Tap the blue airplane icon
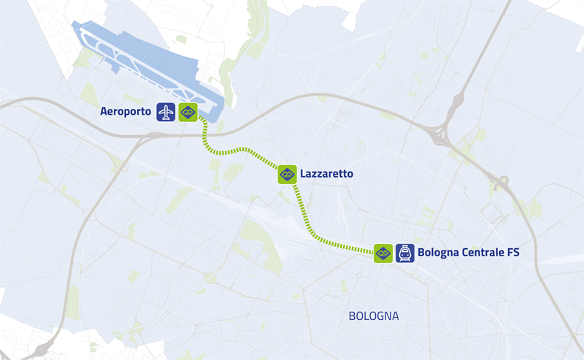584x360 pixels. pyautogui.click(x=166, y=112)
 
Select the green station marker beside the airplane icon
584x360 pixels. pyautogui.click(x=188, y=112)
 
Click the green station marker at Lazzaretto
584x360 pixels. pyautogui.click(x=287, y=174)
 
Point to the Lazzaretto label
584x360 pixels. pyautogui.click(x=326, y=174)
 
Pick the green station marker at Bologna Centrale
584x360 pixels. pyautogui.click(x=383, y=253)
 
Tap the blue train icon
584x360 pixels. pyautogui.click(x=404, y=253)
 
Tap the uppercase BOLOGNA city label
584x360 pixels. pyautogui.click(x=373, y=316)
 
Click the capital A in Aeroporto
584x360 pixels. pyautogui.click(x=103, y=112)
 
